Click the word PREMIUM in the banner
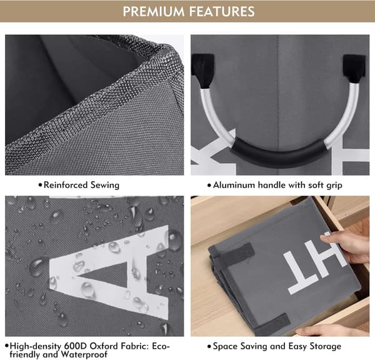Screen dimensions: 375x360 pyautogui.click(x=154, y=11)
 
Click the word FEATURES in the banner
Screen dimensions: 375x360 pyautogui.click(x=222, y=11)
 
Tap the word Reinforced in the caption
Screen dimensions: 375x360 pyautogui.click(x=66, y=185)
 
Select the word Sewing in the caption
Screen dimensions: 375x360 pyautogui.click(x=105, y=186)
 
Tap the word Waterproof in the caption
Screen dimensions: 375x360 pyautogui.click(x=84, y=354)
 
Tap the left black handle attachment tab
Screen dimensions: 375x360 pyautogui.click(x=202, y=70)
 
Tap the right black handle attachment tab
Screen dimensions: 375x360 pyautogui.click(x=354, y=69)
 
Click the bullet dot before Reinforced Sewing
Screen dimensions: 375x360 pyautogui.click(x=40, y=186)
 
